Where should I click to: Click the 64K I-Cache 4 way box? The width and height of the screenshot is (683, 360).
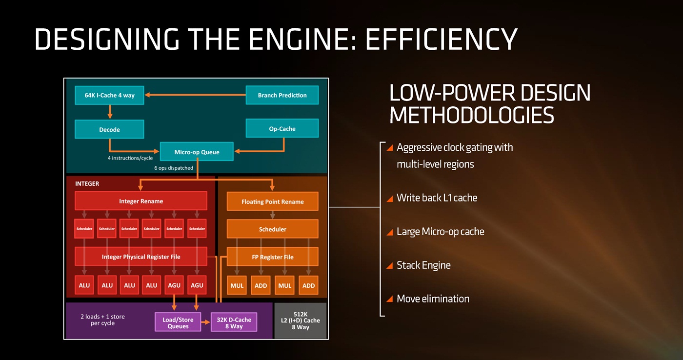coord(109,95)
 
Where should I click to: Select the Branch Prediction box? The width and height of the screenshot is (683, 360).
coord(282,95)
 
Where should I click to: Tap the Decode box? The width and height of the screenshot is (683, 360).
coord(109,129)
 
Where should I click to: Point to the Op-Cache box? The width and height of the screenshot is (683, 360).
coord(282,129)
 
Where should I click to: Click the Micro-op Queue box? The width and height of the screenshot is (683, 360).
coord(197,152)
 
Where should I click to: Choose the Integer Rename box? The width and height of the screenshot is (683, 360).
coord(141,201)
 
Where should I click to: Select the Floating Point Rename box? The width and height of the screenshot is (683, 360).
coord(272,201)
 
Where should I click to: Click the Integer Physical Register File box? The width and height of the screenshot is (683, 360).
coord(141,257)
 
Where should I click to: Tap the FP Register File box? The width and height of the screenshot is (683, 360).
coord(272,257)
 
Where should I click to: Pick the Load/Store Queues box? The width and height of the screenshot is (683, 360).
coord(178,323)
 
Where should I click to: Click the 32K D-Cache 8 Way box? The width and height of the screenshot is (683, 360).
coord(234,323)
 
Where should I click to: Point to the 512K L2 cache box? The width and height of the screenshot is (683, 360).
coord(301,320)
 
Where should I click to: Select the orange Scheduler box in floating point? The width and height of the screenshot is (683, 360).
coord(272,229)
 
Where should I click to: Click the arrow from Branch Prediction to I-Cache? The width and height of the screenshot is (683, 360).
coord(195,95)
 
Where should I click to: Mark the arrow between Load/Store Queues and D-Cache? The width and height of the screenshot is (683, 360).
coord(205,322)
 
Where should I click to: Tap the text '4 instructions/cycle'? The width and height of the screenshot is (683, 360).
coord(130,158)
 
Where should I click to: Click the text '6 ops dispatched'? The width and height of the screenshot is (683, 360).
coord(174,168)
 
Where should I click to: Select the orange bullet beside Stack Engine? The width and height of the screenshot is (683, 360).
coord(389,266)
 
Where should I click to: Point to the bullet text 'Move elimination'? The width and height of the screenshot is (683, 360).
coord(433,299)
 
